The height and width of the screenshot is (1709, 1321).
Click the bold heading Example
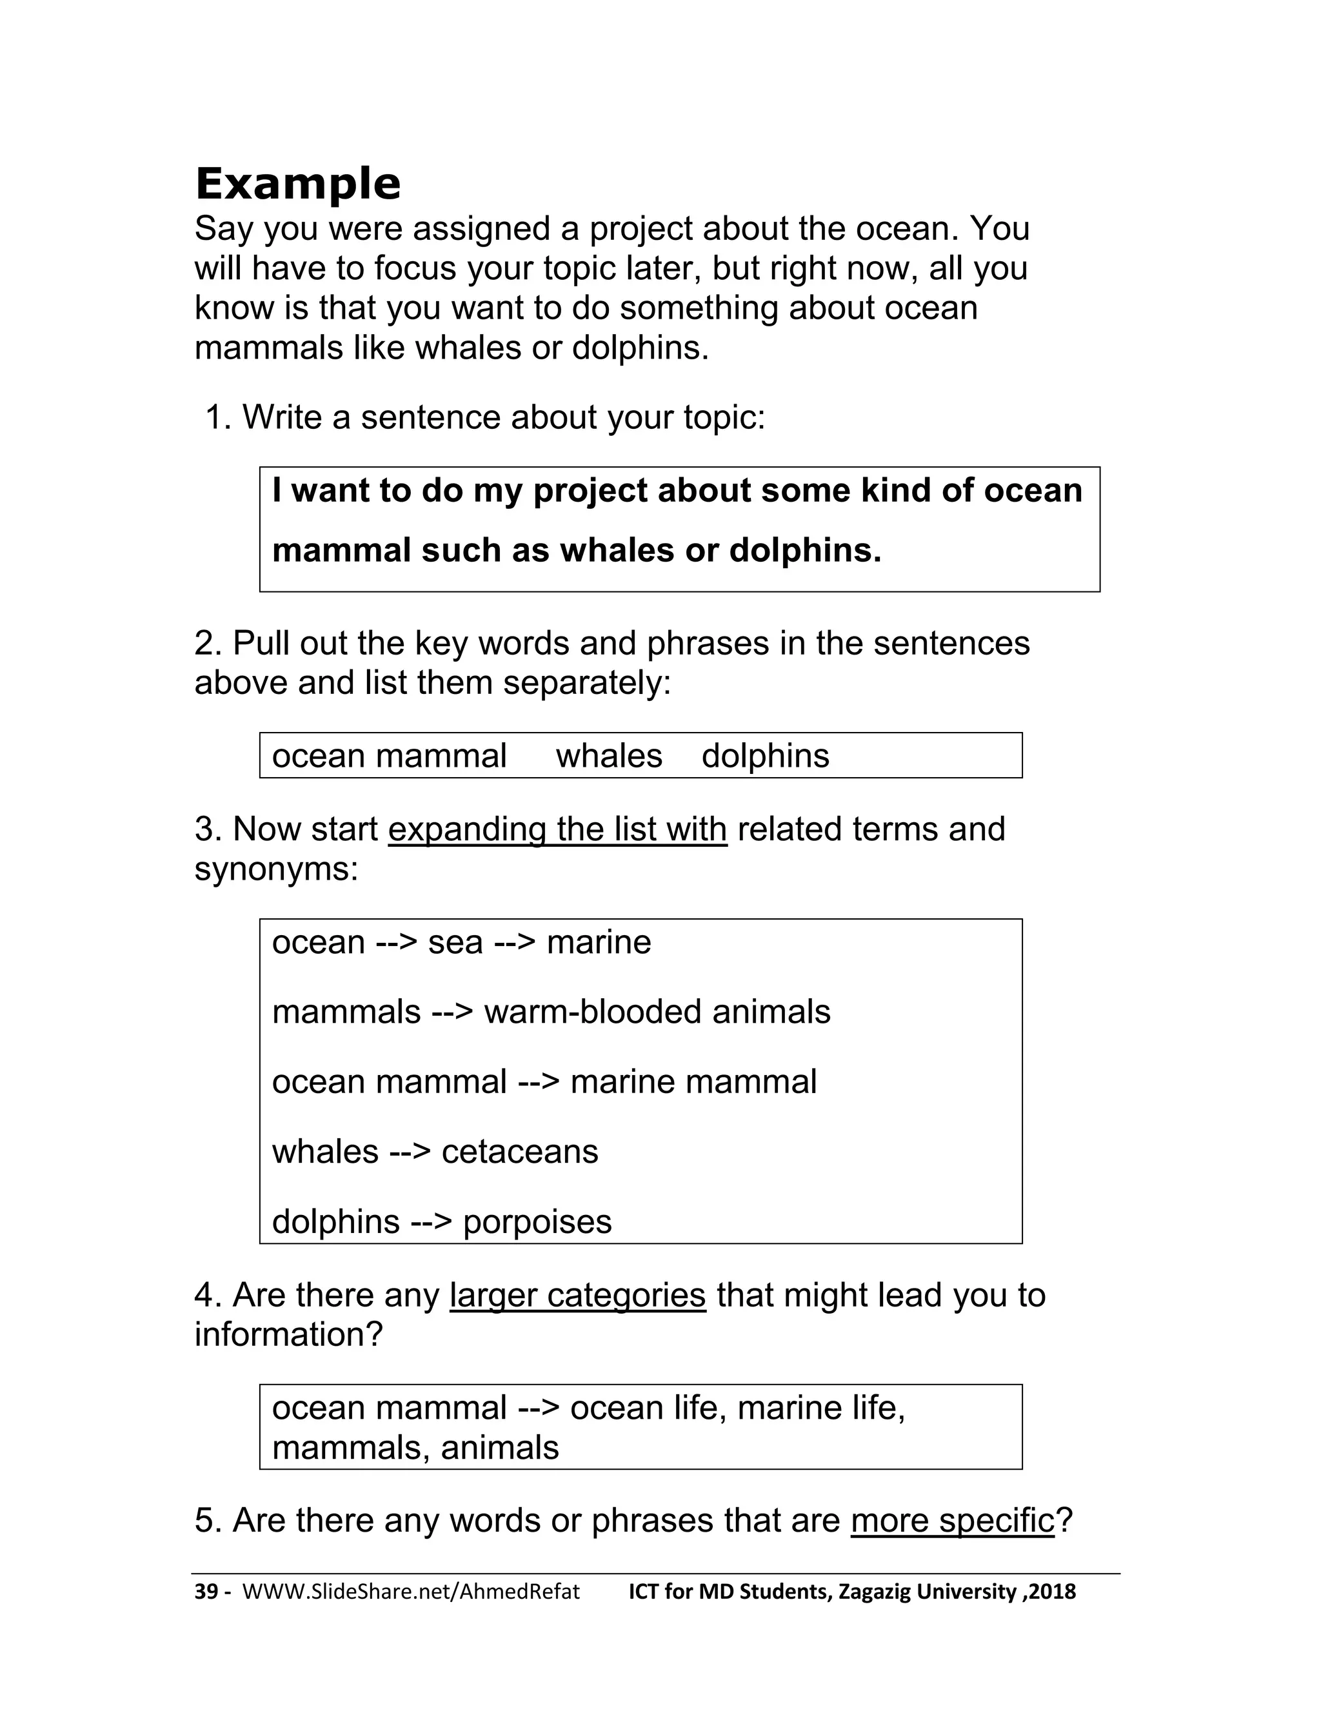[297, 184]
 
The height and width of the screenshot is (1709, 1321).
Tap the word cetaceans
[520, 1152]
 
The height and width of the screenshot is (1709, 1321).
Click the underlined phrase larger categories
[577, 1295]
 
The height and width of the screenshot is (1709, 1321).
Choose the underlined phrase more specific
[953, 1521]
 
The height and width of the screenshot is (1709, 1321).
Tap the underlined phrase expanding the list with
[557, 829]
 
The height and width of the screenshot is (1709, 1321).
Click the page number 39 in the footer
[206, 1592]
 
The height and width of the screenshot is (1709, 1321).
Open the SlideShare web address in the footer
[411, 1592]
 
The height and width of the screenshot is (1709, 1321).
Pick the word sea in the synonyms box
[455, 942]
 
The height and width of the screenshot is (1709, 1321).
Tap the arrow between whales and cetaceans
[410, 1152]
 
